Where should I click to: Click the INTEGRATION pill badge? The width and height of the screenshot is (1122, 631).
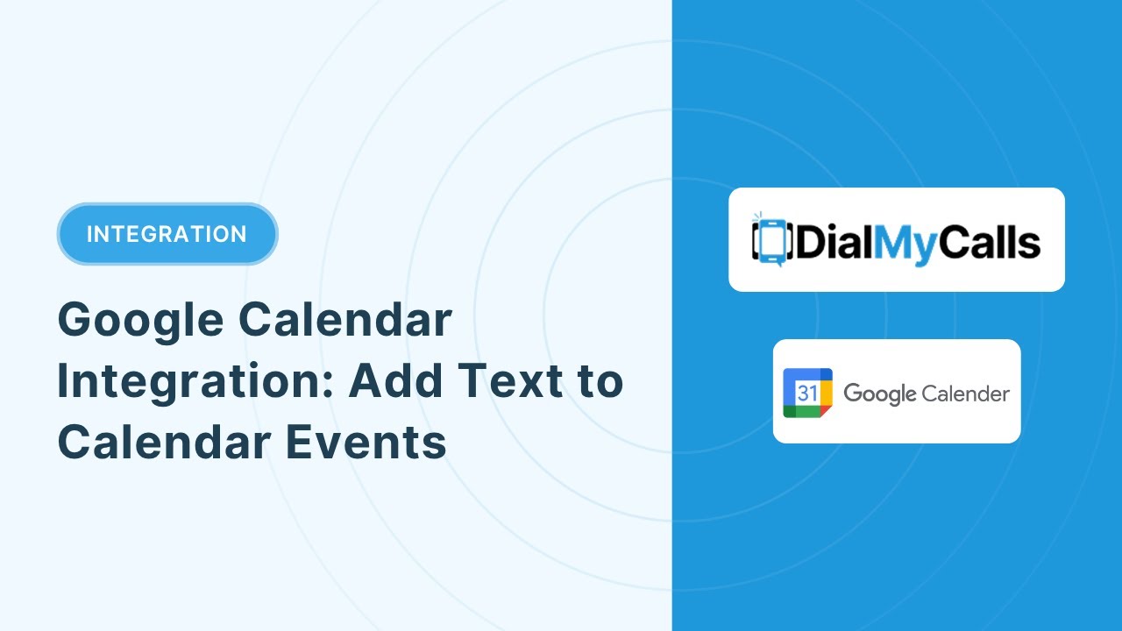point(167,234)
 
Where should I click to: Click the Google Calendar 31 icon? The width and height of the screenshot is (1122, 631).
point(807,393)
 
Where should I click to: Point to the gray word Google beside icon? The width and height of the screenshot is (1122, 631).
point(879,394)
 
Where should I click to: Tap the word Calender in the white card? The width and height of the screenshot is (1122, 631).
point(965,393)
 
